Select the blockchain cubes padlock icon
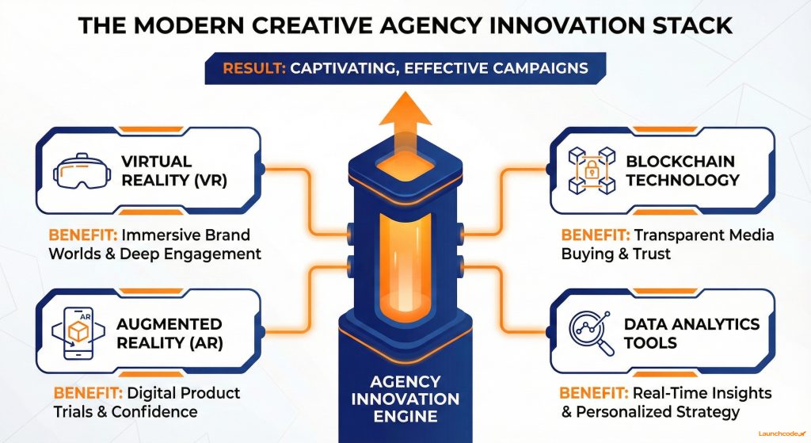pos(590,171)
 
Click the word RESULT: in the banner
pos(254,68)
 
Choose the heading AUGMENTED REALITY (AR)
pos(169,334)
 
